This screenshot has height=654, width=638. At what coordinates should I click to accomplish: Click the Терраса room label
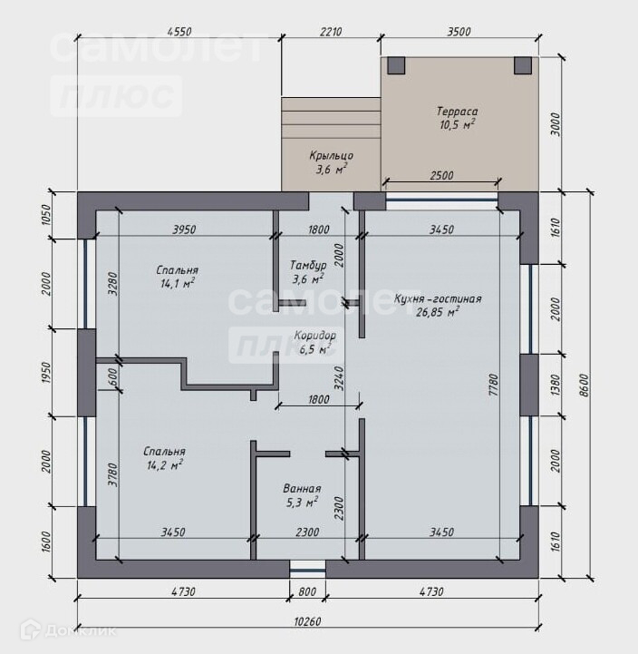(x=457, y=112)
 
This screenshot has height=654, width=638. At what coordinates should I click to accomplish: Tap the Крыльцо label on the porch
(x=331, y=156)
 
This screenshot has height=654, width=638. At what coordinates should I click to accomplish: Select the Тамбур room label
(x=308, y=265)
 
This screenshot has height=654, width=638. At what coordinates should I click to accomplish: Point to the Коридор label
(x=314, y=336)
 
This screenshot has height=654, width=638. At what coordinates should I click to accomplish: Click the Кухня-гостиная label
(x=438, y=299)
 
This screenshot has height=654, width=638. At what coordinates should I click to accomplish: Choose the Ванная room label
(x=302, y=488)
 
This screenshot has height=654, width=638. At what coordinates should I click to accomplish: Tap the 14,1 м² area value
(x=178, y=284)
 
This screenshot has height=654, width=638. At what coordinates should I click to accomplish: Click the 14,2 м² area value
(x=165, y=465)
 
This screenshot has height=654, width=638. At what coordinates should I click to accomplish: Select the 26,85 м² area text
(x=438, y=312)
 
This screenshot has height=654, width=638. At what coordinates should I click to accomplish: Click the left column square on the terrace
(x=396, y=65)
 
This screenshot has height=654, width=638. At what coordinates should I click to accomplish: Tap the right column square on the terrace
(x=523, y=65)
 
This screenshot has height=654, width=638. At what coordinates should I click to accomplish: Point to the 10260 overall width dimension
(x=307, y=622)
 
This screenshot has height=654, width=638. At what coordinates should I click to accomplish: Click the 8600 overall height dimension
(x=585, y=385)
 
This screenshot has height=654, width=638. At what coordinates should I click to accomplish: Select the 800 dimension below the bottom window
(x=307, y=591)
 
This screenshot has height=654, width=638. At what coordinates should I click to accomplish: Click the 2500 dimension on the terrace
(x=441, y=175)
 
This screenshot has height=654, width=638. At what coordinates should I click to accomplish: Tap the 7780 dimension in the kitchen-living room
(x=493, y=385)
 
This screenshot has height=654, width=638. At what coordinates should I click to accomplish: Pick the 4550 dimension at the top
(x=179, y=32)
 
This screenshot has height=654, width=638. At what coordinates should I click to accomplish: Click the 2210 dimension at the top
(x=331, y=32)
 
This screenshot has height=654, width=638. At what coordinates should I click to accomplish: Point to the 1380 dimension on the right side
(x=556, y=385)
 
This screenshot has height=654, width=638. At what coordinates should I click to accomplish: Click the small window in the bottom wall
(x=307, y=569)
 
